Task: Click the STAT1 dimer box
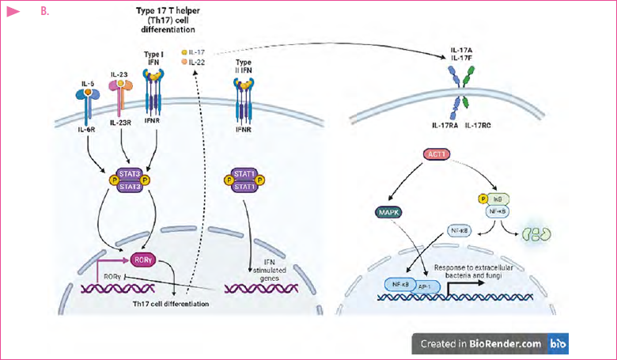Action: coord(244,181)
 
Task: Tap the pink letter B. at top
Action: coord(45,12)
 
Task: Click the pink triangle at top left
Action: coord(13,12)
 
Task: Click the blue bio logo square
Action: coord(558,343)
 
